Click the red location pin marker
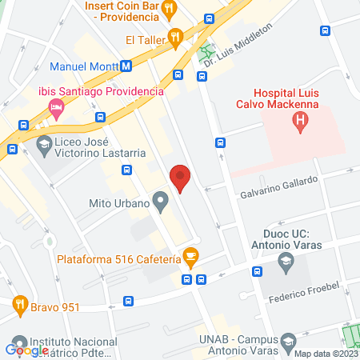(x=181, y=178)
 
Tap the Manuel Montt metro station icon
(x=127, y=66)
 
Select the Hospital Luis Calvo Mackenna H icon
(x=300, y=122)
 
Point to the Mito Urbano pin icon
(x=161, y=203)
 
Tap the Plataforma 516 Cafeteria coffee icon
(x=190, y=257)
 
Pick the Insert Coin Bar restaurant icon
(x=169, y=8)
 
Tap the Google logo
(x=26, y=349)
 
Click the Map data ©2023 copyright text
(x=325, y=354)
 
